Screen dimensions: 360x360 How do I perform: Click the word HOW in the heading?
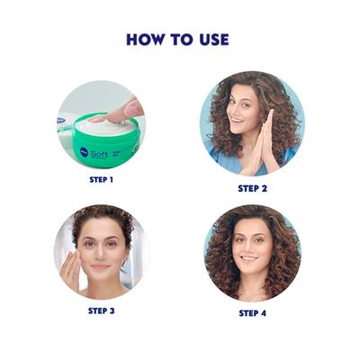(146, 40)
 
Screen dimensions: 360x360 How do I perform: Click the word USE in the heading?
(212, 40)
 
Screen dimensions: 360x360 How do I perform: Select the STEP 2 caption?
(253, 188)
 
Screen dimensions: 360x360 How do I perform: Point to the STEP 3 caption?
(103, 310)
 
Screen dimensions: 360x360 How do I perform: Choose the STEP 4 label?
(253, 312)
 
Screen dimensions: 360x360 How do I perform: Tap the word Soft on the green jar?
(98, 152)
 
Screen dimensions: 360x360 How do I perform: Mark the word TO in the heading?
(181, 40)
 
